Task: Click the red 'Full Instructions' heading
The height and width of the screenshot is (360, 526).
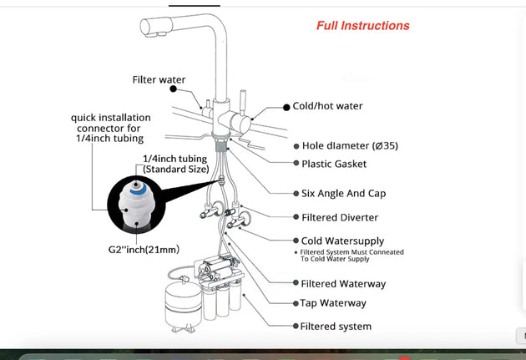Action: (x=362, y=25)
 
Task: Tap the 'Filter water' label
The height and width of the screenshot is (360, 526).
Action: (x=159, y=80)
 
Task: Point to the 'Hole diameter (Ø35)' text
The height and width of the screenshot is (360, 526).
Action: (x=349, y=145)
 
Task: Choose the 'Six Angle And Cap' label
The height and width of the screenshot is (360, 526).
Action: (x=343, y=193)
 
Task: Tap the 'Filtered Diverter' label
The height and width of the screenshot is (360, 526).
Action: (x=339, y=217)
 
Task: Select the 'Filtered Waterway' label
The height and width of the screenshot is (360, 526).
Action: (x=343, y=284)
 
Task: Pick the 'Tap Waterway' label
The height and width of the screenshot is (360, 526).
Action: (x=333, y=303)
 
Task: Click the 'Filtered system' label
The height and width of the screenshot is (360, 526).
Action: (x=336, y=326)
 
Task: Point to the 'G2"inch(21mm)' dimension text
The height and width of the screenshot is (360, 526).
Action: (x=143, y=249)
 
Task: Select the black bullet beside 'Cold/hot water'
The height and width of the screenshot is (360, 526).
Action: (x=285, y=107)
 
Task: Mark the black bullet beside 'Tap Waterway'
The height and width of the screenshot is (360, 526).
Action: (x=293, y=303)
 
